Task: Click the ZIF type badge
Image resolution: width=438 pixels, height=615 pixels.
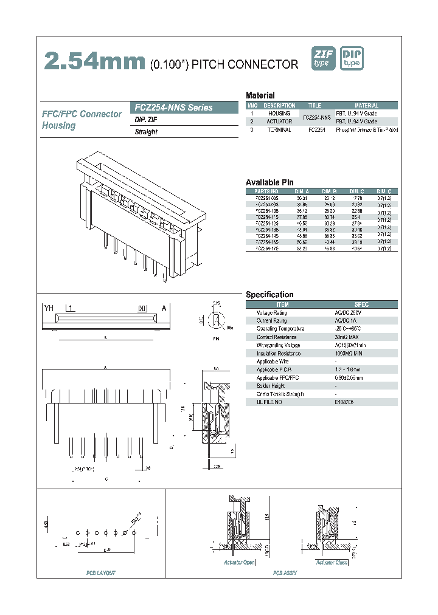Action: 324,58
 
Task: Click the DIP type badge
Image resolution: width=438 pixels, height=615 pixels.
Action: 352,58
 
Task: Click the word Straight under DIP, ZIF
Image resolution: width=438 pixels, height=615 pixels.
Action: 146,132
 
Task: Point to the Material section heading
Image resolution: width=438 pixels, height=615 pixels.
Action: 260,95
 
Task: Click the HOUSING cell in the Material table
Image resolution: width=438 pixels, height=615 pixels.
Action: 279,114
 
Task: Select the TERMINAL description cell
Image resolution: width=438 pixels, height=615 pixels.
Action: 279,130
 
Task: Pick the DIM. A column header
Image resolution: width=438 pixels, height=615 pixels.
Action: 302,191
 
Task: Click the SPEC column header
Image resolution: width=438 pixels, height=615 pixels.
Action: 361,304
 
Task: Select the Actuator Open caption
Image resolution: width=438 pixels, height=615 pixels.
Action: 239,563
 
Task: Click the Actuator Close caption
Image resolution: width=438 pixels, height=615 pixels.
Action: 333,563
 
